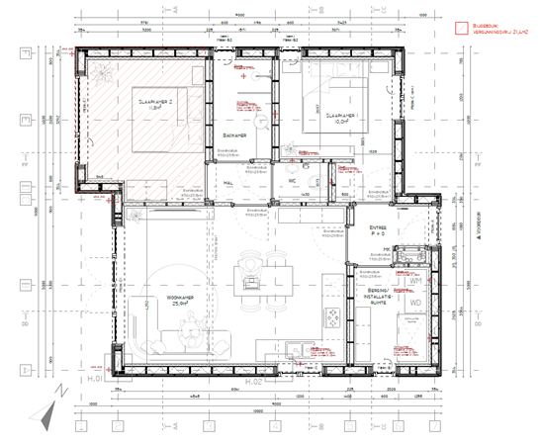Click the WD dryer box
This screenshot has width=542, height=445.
pos(414,303)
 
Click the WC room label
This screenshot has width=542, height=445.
pos(294,182)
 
